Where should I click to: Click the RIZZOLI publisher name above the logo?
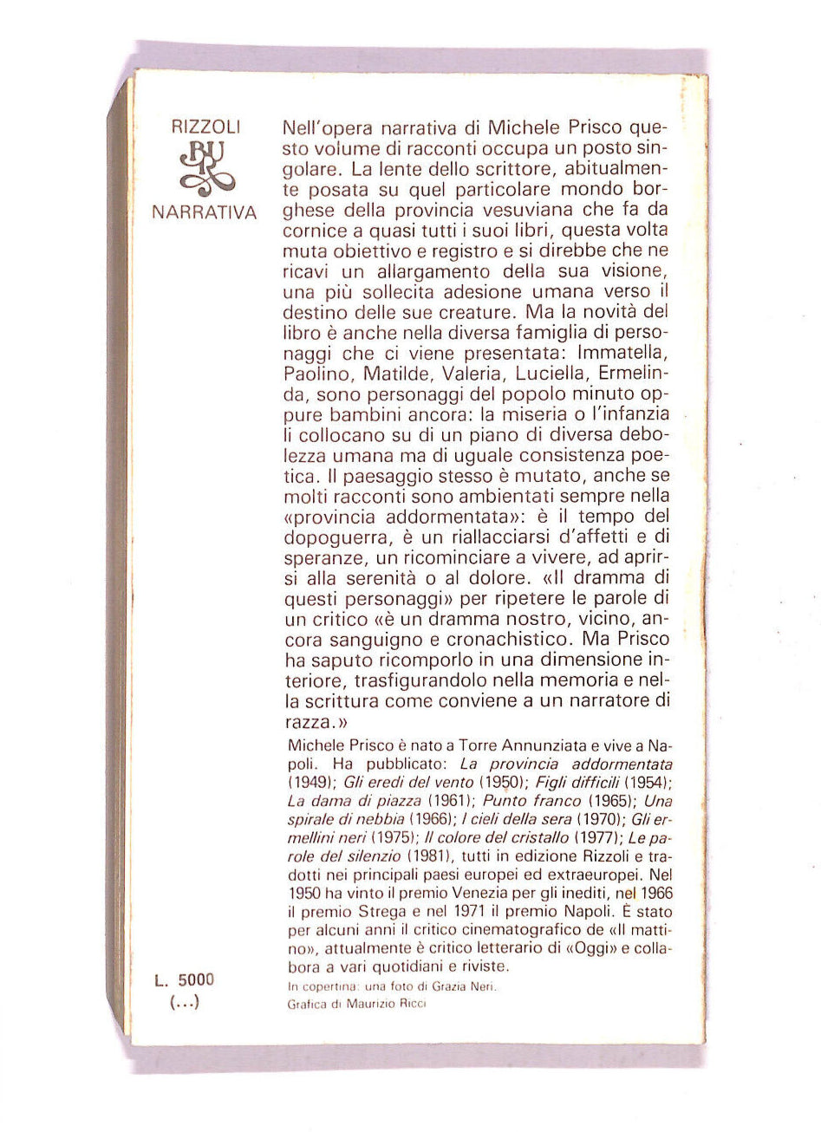(204, 127)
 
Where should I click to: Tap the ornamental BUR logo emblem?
(204, 168)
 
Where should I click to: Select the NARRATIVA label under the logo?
(204, 211)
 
